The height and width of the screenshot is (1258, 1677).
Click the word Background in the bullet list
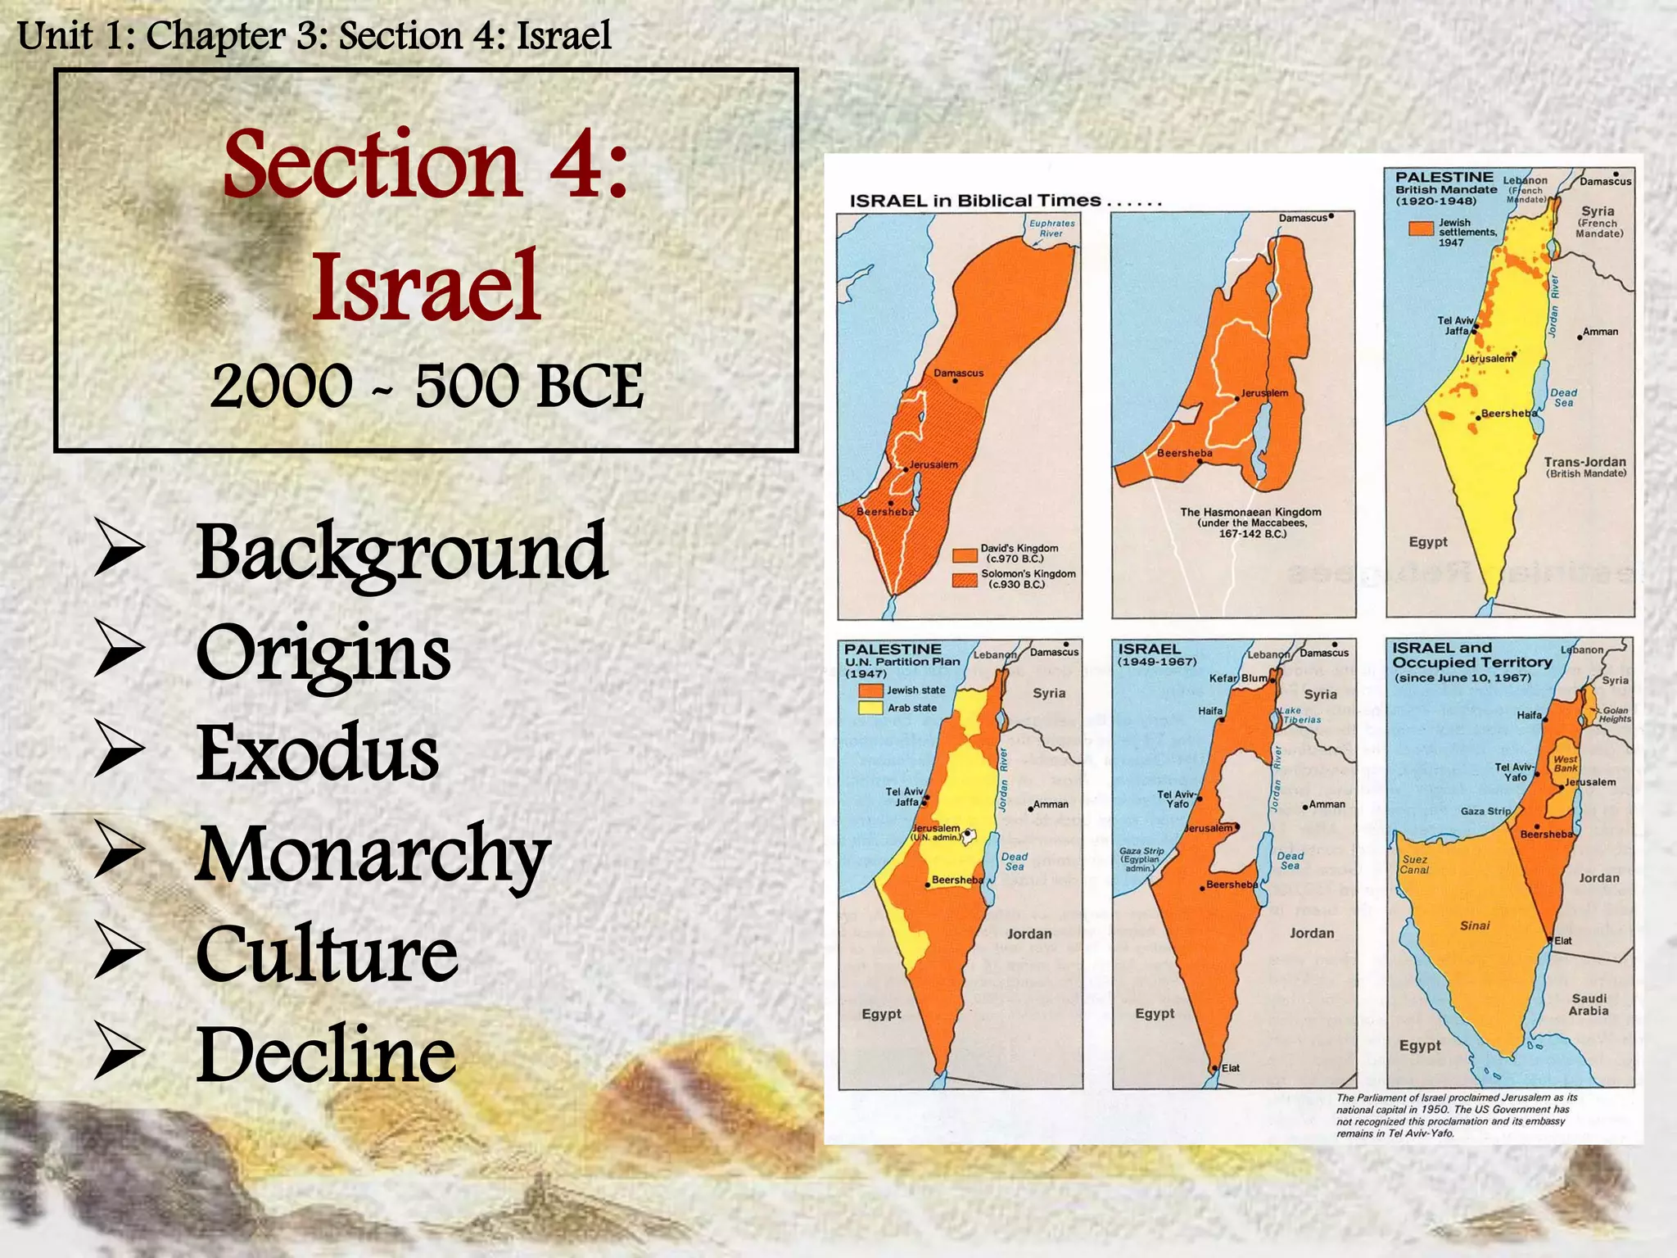[401, 554]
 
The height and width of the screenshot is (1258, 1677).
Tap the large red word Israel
[426, 287]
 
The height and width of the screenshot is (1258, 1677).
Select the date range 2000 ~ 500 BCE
[427, 386]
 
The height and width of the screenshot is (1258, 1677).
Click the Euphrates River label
[1051, 229]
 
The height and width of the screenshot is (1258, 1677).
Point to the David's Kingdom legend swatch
[965, 554]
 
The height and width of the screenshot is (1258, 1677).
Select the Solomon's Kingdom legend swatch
[965, 580]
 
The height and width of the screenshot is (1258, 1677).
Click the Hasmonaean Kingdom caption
[1250, 523]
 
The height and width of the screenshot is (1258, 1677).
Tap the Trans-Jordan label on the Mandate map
[1584, 466]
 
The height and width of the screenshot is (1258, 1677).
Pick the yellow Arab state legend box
[870, 708]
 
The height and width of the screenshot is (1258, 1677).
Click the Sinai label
[1475, 925]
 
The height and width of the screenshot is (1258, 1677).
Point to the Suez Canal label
[1414, 865]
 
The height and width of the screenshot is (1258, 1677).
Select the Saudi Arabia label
[1589, 1004]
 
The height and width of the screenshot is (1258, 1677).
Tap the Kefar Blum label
[1238, 678]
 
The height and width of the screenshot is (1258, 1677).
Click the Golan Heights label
[1615, 715]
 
